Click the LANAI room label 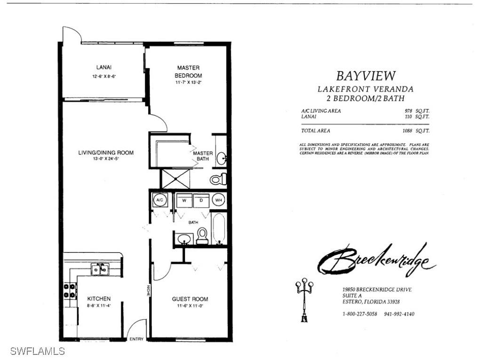[x=104, y=68]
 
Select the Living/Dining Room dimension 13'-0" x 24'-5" [x=106, y=159]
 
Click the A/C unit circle [x=160, y=200]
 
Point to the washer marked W [x=185, y=200]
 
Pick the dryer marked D [x=201, y=200]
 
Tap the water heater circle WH [x=218, y=200]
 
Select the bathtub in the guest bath [x=219, y=228]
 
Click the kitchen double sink [x=99, y=269]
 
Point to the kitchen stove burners [x=70, y=290]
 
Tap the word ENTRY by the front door [x=136, y=339]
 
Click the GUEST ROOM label [x=190, y=299]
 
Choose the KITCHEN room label [x=99, y=298]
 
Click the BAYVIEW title [x=366, y=75]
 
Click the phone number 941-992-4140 [x=399, y=314]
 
